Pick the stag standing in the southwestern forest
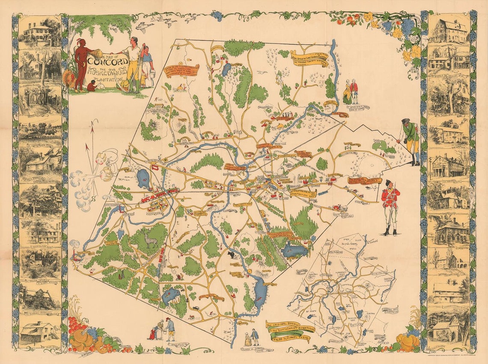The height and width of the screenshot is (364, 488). point(150,241)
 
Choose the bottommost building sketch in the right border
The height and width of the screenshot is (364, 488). point(448,329)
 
